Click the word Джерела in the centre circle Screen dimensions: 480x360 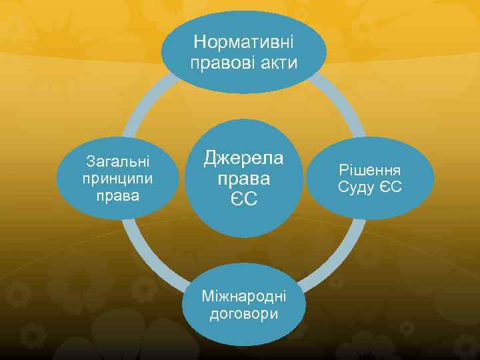[x=243, y=158]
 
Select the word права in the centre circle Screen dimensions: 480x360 [x=243, y=179]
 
